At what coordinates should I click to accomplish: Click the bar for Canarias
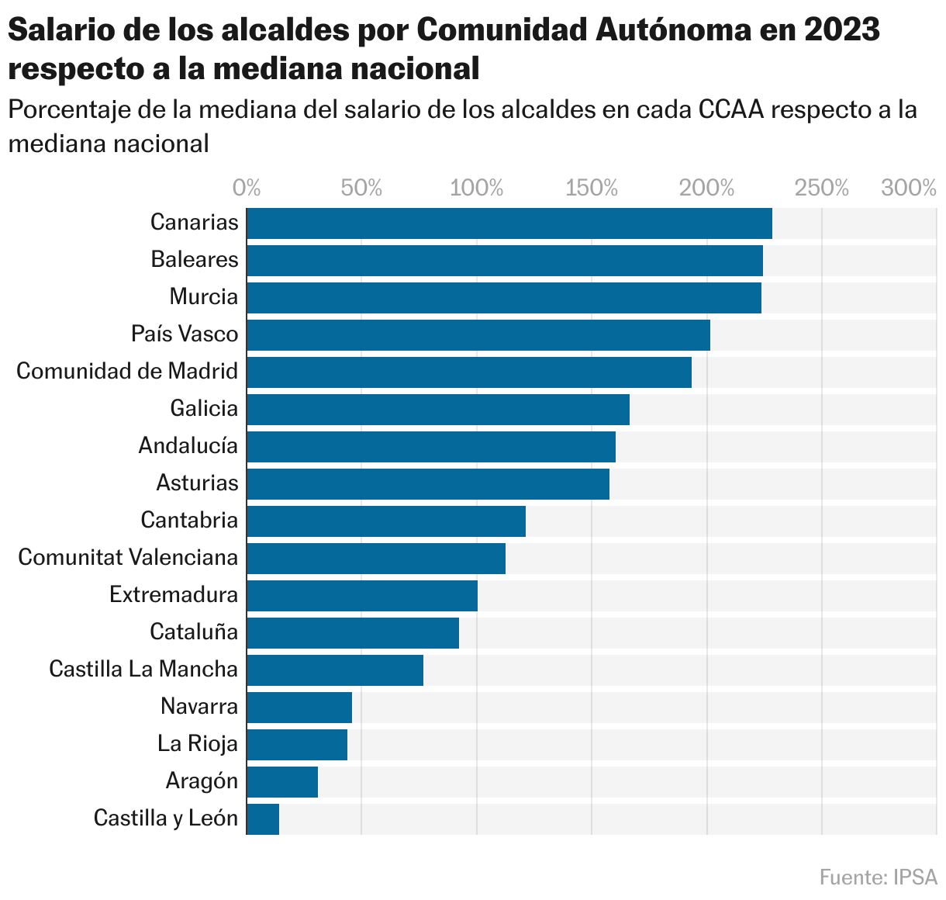509,223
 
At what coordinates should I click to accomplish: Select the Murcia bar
503,298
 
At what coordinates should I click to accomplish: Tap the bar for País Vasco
478,335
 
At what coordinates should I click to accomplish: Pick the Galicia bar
437,410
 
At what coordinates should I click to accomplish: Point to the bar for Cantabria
385,521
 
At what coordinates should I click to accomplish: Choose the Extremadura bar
361,596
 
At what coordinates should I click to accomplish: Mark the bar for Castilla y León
263,819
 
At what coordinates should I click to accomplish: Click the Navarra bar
299,708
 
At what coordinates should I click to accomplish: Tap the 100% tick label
477,188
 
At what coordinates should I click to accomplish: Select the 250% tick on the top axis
822,188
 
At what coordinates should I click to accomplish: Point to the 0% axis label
247,188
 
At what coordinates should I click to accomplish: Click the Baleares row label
195,259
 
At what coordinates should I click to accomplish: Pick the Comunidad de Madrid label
127,371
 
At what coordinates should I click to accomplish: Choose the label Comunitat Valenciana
128,557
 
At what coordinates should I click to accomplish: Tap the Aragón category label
202,781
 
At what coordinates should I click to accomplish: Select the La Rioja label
197,743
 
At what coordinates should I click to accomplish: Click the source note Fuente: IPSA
878,877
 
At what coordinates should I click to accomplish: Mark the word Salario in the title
58,31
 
